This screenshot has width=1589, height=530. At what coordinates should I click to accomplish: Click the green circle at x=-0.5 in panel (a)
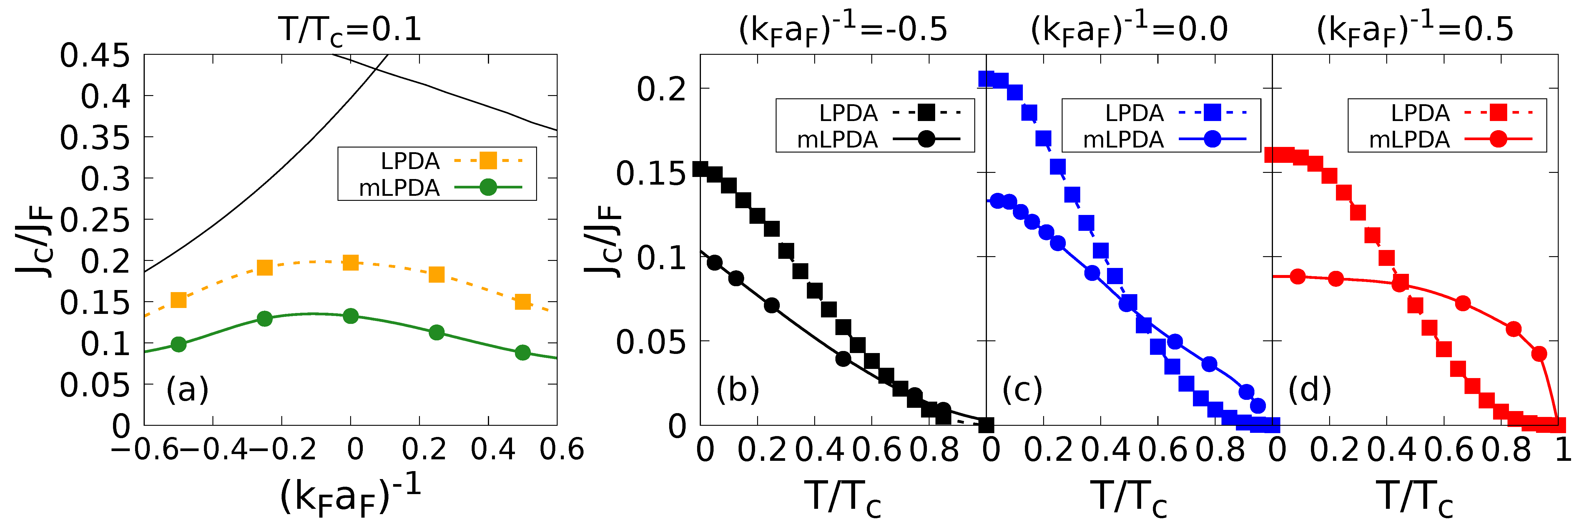(x=178, y=344)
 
